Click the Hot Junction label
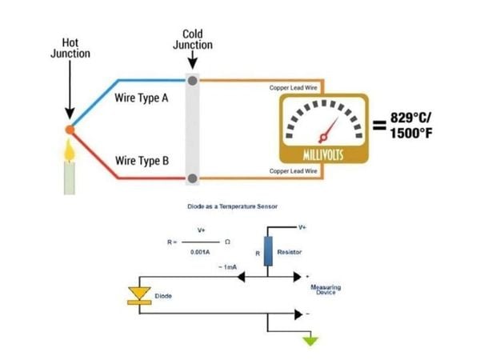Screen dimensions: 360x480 (x=70, y=48)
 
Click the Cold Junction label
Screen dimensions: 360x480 (x=193, y=39)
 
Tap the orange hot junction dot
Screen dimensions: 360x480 (x=70, y=128)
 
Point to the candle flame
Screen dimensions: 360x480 (x=70, y=149)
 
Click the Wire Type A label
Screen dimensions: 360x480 (x=142, y=99)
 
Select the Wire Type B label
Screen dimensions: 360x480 (x=142, y=160)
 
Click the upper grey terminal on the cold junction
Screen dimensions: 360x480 (x=192, y=80)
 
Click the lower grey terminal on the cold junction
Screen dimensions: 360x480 (x=192, y=178)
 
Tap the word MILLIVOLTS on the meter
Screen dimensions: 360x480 (x=323, y=154)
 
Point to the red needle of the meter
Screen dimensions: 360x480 (x=328, y=129)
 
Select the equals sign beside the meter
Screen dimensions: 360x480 (x=378, y=126)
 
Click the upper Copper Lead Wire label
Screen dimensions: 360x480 (x=294, y=86)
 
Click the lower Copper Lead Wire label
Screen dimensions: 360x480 (x=294, y=171)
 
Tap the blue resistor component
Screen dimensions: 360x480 (x=269, y=250)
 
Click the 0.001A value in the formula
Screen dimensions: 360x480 (x=199, y=253)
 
